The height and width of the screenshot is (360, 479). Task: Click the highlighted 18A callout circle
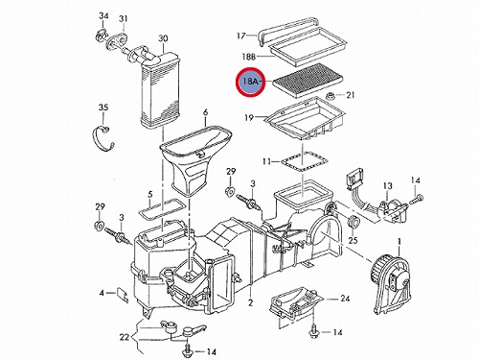251,82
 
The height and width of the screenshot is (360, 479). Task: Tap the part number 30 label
163,38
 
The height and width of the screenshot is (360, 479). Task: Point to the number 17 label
241,36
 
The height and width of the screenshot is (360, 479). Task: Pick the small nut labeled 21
331,95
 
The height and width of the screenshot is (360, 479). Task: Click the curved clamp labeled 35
103,138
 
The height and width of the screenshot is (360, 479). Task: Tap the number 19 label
249,118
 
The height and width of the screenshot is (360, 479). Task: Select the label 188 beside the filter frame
249,57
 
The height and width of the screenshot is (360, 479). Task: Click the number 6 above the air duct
205,112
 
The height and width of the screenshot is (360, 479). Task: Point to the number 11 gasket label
266,161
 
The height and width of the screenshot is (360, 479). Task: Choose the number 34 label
103,15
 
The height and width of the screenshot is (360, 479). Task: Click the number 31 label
124,18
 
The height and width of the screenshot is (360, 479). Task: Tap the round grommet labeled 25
354,222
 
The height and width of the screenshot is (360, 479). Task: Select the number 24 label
345,299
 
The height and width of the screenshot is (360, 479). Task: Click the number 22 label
125,337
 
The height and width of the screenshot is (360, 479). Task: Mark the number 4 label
102,293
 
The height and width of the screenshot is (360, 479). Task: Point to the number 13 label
387,185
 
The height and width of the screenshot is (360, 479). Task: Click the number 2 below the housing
250,302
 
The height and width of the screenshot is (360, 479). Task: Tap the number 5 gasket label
150,194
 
